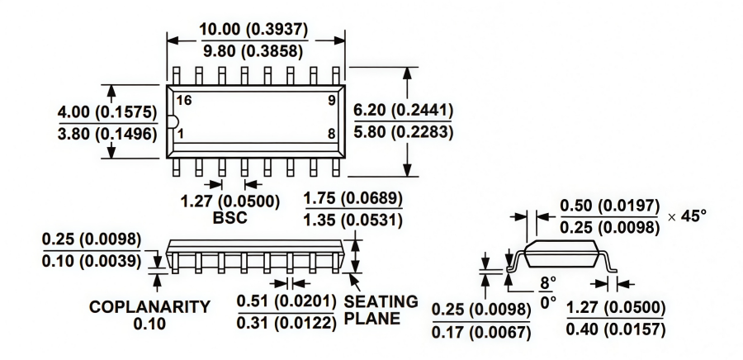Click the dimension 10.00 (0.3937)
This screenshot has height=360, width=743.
click(x=253, y=30)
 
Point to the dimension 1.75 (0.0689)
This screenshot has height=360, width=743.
click(x=353, y=199)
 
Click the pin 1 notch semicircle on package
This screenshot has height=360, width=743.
click(x=171, y=123)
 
